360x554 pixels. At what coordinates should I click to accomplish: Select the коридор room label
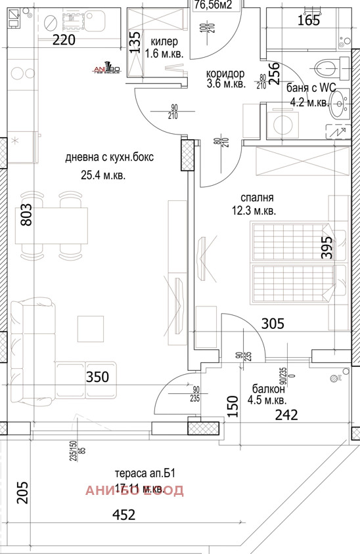coord(225,73)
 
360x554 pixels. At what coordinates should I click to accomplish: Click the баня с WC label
coord(311,89)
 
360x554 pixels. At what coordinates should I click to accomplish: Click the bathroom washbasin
coord(338,102)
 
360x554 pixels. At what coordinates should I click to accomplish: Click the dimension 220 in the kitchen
coord(64,39)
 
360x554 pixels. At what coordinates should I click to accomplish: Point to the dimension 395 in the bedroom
coord(327,248)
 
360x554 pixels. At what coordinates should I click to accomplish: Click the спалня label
coord(257,197)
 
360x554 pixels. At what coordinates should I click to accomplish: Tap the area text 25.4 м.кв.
coord(99,175)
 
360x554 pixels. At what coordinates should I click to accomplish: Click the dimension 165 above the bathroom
coord(308,20)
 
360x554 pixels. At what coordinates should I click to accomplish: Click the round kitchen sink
coord(51,24)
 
